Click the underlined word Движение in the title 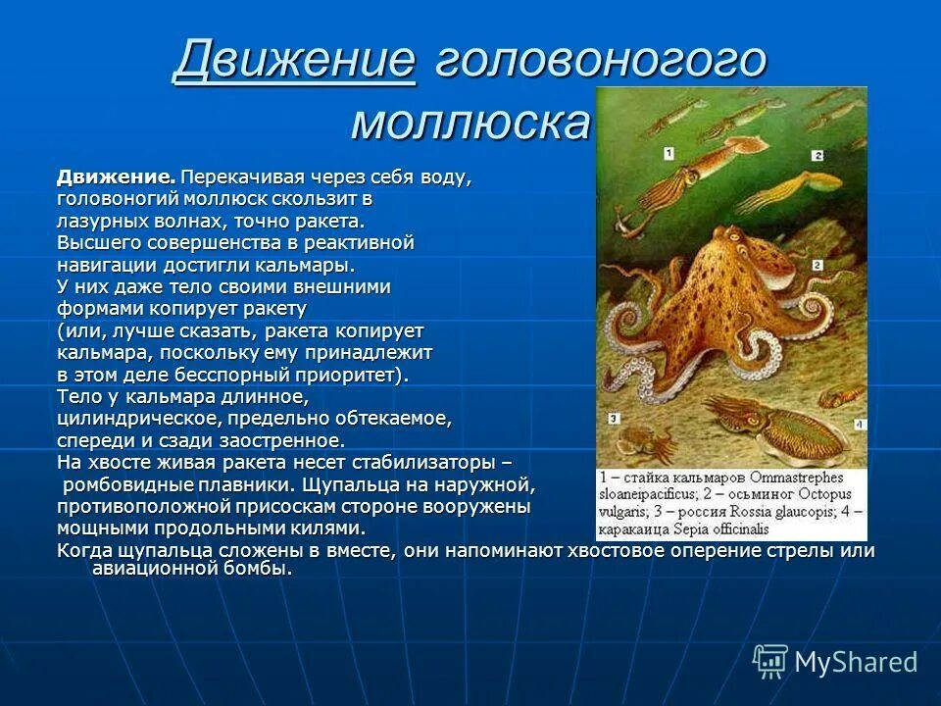(x=294, y=63)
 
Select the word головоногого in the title (x=600, y=63)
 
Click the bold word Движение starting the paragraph (x=116, y=177)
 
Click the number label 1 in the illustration (x=669, y=152)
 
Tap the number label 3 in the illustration (x=612, y=418)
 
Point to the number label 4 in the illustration (x=858, y=425)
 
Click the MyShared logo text (x=856, y=662)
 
